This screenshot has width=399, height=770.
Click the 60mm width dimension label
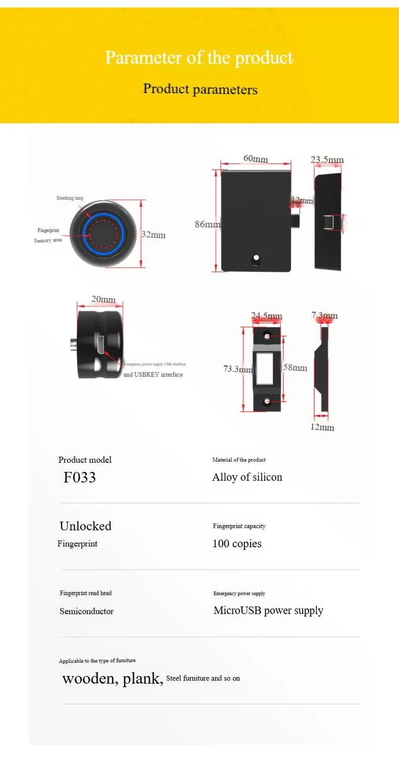pyautogui.click(x=256, y=158)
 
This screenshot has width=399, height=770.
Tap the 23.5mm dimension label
pyautogui.click(x=327, y=160)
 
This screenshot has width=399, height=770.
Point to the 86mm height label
pyautogui.click(x=208, y=224)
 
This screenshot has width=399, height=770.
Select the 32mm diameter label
pyautogui.click(x=154, y=234)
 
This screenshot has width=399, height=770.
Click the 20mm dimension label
pyautogui.click(x=103, y=299)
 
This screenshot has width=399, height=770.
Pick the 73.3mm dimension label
pyautogui.click(x=238, y=369)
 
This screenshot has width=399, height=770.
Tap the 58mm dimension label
pyautogui.click(x=295, y=367)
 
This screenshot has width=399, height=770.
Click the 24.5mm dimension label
pyautogui.click(x=267, y=316)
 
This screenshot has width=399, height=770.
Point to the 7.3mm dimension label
pyautogui.click(x=324, y=316)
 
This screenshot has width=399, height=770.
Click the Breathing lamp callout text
pyautogui.click(x=70, y=198)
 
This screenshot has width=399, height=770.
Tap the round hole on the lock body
pyautogui.click(x=257, y=259)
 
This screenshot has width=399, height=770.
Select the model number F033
pyautogui.click(x=79, y=477)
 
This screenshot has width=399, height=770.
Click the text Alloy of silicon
pyautogui.click(x=247, y=477)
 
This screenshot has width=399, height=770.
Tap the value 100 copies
pyautogui.click(x=237, y=544)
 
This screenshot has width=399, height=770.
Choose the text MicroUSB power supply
pyautogui.click(x=268, y=610)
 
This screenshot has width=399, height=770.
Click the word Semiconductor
pyautogui.click(x=86, y=611)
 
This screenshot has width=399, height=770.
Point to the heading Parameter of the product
pyautogui.click(x=199, y=57)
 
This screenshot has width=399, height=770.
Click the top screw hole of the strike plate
pyautogui.click(x=267, y=336)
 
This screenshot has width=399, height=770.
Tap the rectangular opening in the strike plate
pyautogui.click(x=265, y=368)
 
